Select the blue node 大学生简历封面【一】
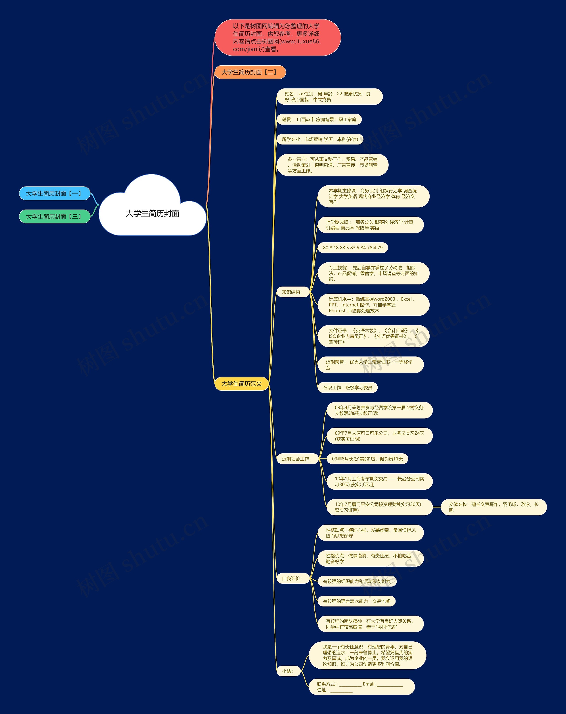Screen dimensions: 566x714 pyautogui.click(x=55, y=193)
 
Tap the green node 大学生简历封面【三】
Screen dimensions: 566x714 pyautogui.click(x=55, y=217)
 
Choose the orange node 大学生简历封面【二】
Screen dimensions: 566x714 pyautogui.click(x=250, y=72)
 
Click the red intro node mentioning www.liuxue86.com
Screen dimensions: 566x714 pyautogui.click(x=277, y=37)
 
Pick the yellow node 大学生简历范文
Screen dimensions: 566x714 pyautogui.click(x=241, y=384)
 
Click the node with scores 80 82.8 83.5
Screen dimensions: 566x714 pyautogui.click(x=353, y=248)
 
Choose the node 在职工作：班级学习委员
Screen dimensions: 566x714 pyautogui.click(x=348, y=387)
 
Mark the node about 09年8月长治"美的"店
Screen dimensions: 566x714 pyautogui.click(x=367, y=459)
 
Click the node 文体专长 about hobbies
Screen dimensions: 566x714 pyautogui.click(x=494, y=507)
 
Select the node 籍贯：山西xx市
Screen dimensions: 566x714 pyautogui.click(x=319, y=119)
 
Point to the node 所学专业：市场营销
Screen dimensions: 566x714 pyautogui.click(x=320, y=139)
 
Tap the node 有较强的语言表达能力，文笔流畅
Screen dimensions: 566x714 pyautogui.click(x=356, y=601)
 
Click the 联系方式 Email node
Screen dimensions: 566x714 pyautogui.click(x=361, y=687)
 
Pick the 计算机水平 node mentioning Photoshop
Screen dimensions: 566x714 pyautogui.click(x=373, y=305)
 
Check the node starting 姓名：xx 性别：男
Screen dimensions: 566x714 pyautogui.click(x=330, y=97)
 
